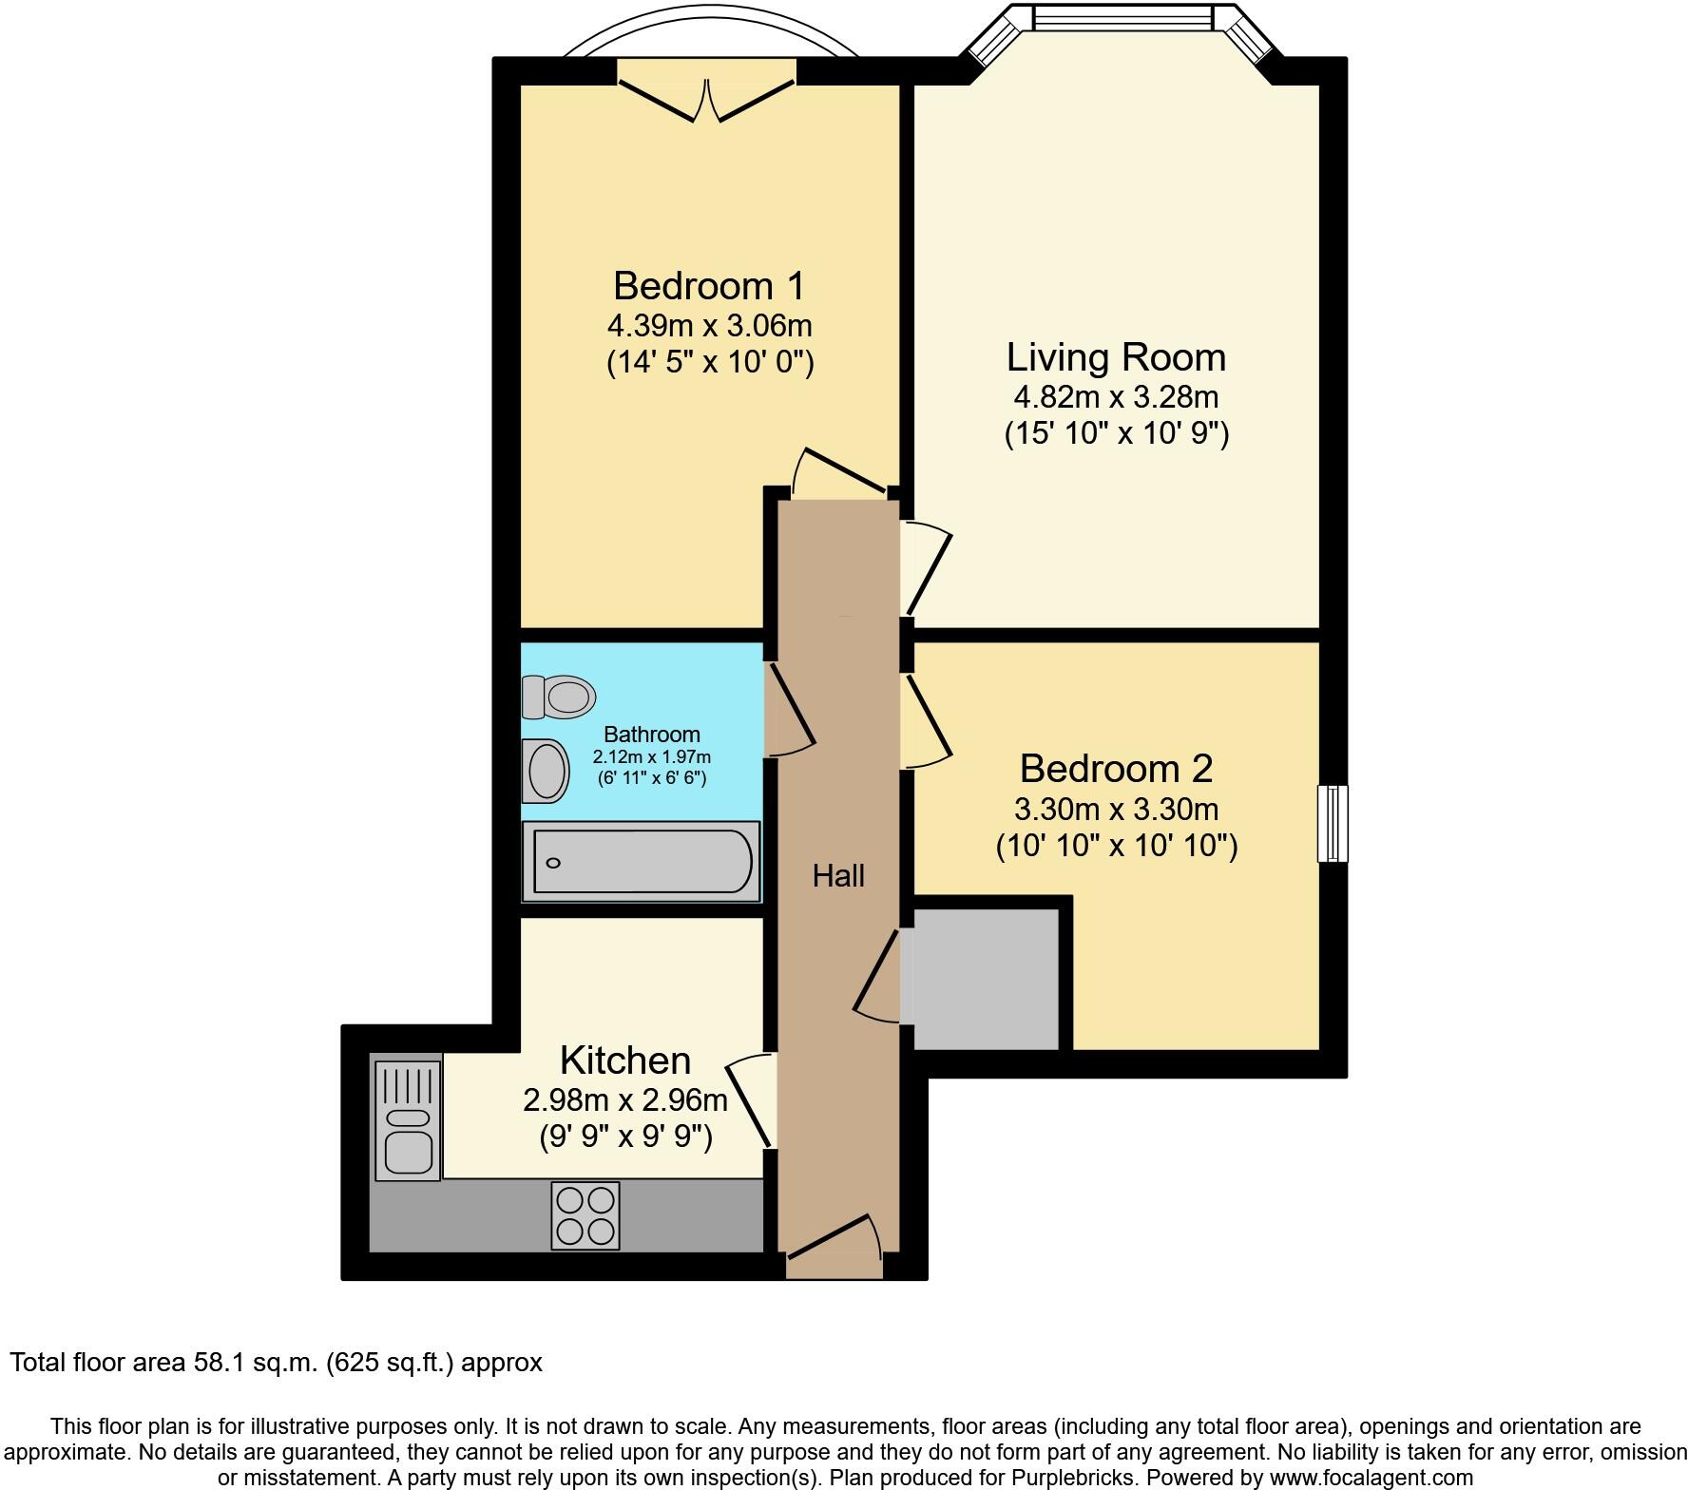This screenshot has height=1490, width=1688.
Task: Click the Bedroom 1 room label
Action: click(x=709, y=285)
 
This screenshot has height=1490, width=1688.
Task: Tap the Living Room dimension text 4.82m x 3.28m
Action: click(x=1117, y=397)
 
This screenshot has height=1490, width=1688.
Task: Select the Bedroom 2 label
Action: click(x=1116, y=768)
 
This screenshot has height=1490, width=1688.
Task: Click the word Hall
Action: click(x=838, y=875)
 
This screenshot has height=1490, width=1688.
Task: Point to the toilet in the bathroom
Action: click(x=559, y=697)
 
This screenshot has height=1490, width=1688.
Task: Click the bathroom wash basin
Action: click(x=546, y=771)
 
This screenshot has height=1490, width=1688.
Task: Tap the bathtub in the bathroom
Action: click(x=642, y=862)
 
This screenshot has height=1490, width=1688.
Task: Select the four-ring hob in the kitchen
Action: click(x=585, y=1215)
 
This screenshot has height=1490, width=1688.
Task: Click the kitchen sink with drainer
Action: click(x=408, y=1120)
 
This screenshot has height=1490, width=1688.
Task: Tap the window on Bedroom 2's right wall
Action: click(x=1333, y=823)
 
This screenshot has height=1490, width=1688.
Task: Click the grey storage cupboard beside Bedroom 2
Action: click(x=985, y=979)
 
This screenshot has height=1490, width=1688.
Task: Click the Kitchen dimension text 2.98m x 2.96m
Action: click(x=625, y=1100)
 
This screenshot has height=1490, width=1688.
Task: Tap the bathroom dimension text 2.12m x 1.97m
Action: click(x=652, y=757)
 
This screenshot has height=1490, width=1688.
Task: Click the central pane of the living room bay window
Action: click(x=1122, y=18)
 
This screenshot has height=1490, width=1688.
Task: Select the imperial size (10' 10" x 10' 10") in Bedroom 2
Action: click(x=1117, y=846)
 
